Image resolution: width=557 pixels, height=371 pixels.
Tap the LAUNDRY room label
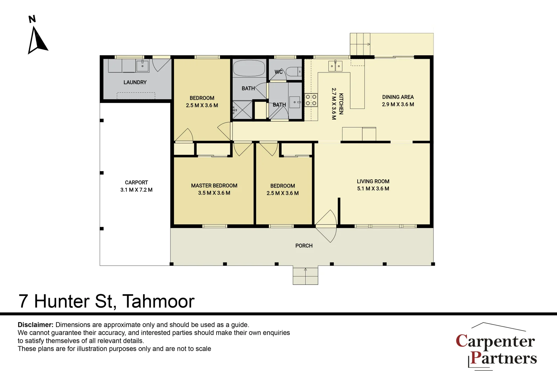click(x=135, y=82)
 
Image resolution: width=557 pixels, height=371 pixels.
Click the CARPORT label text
click(x=136, y=182)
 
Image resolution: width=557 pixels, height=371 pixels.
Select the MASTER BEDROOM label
click(x=214, y=185)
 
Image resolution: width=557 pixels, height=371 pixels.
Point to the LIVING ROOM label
click(x=373, y=181)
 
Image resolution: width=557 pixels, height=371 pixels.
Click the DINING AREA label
click(x=398, y=97)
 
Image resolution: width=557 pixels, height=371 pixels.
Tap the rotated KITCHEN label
click(x=341, y=104)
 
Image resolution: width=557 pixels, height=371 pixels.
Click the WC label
click(x=278, y=72)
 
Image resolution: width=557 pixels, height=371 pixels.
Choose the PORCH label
click(x=304, y=246)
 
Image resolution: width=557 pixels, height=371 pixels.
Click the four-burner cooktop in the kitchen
click(x=311, y=100)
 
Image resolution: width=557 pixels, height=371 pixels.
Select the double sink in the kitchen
click(x=335, y=66)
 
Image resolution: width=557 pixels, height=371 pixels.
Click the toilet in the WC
click(x=294, y=71)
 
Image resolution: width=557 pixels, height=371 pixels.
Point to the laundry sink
click(x=142, y=66)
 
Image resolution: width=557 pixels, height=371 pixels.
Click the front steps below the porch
click(x=305, y=276)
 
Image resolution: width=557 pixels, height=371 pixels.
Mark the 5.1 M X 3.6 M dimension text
click(x=373, y=189)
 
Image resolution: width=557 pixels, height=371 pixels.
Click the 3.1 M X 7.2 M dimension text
click(x=136, y=190)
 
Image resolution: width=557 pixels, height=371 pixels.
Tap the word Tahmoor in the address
click(x=159, y=301)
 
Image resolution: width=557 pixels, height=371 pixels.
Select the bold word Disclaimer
click(x=35, y=325)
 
